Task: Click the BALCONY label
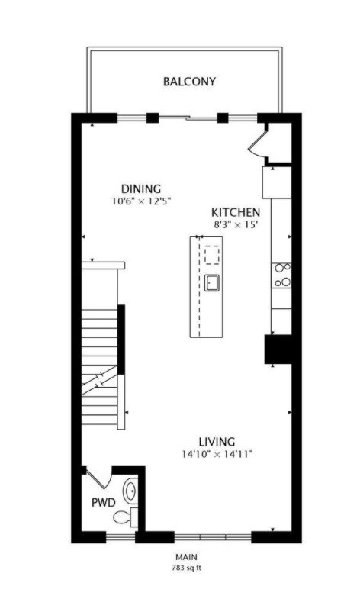click(189, 81)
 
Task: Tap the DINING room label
click(141, 189)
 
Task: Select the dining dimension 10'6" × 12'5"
click(141, 202)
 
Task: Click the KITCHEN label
click(236, 212)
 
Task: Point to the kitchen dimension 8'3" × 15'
click(236, 225)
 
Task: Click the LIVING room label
click(217, 441)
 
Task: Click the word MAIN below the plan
click(187, 558)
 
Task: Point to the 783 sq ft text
click(187, 568)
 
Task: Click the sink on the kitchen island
click(212, 283)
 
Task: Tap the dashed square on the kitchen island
click(212, 254)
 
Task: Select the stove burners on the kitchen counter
click(282, 275)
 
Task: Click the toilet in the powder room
click(124, 518)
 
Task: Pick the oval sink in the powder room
click(130, 490)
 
